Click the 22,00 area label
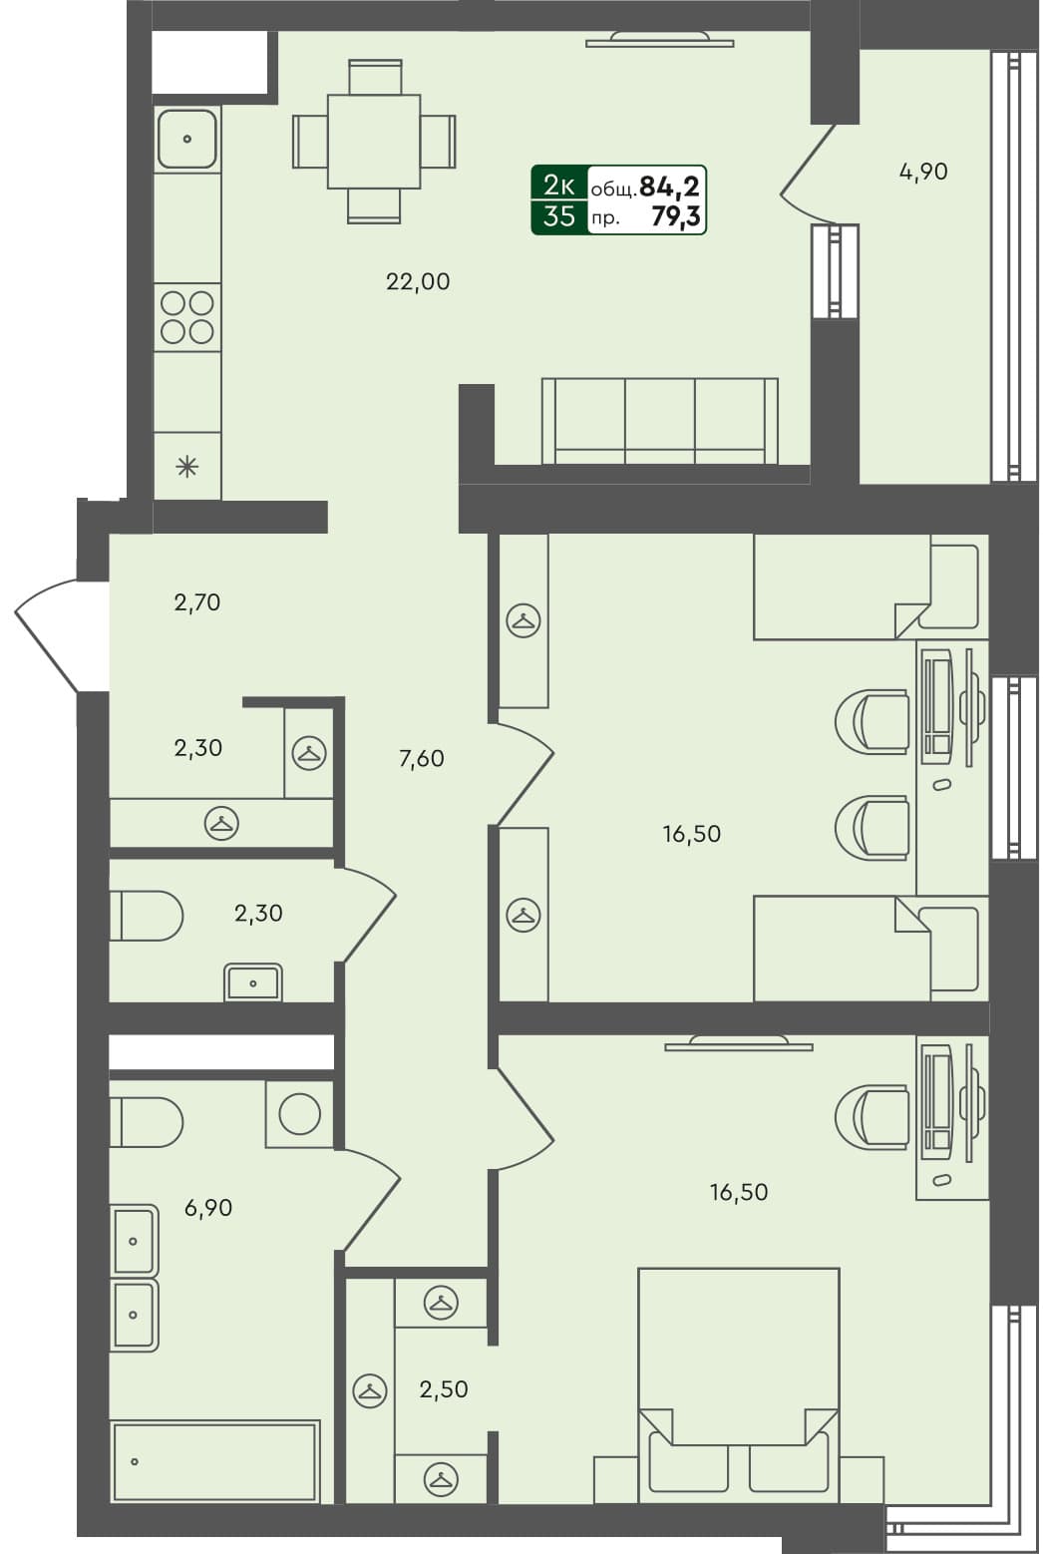[418, 282]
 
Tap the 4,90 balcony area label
[923, 172]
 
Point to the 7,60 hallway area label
[421, 759]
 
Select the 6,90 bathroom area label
[207, 1208]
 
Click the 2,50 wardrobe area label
[444, 1389]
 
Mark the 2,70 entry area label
[196, 602]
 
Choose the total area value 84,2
[669, 187]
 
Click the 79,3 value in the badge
[675, 216]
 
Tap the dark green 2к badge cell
[558, 185]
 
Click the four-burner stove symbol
[187, 317]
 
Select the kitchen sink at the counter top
[187, 139]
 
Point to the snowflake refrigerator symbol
[187, 466]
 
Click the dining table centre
[374, 141]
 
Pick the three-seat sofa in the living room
[659, 421]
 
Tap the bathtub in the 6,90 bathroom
[214, 1461]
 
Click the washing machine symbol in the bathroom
[299, 1114]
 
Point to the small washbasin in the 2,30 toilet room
[253, 983]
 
